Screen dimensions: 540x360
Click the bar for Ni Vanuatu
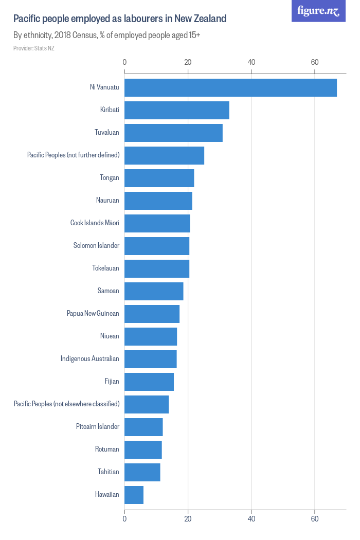230,87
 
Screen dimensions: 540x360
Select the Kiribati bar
176,110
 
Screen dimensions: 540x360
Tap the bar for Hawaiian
134,495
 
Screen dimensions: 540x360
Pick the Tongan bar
159,178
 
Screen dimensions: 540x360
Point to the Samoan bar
154,291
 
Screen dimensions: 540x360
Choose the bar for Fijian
149,382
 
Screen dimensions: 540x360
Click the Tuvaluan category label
106,133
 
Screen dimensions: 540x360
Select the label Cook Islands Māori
95,223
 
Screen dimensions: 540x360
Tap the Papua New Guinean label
93,314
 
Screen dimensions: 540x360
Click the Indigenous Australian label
89,359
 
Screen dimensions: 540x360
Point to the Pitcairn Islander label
97,427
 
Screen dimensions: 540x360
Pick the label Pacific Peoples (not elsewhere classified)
66,404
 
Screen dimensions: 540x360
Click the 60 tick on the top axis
315,62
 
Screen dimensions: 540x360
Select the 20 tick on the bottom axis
188,519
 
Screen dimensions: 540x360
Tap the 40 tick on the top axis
251,62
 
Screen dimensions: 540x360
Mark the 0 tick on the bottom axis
124,519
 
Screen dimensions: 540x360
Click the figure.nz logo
318,11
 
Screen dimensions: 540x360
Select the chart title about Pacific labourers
119,19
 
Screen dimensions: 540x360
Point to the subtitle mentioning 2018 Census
106,35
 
